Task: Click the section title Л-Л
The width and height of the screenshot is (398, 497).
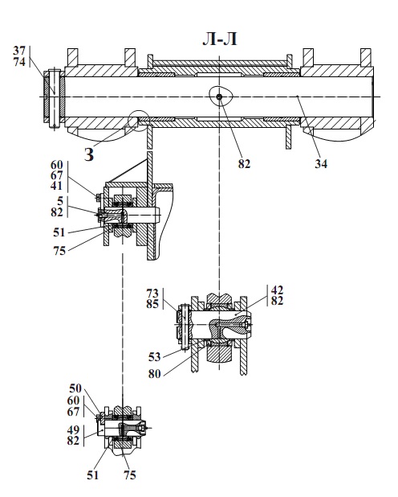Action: tap(220, 39)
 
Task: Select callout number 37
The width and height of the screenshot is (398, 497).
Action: tap(19, 51)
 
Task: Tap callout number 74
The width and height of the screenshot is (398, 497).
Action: tap(19, 62)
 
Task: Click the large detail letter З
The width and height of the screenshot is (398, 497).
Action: tap(89, 155)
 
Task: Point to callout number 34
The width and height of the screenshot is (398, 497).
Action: tap(321, 164)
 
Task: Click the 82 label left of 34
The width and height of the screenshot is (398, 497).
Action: tap(244, 164)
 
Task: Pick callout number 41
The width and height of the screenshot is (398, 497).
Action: tap(57, 186)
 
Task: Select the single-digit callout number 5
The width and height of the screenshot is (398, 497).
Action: tap(60, 200)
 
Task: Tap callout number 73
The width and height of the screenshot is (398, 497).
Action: tap(152, 294)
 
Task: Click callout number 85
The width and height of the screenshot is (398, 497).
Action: tap(152, 304)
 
